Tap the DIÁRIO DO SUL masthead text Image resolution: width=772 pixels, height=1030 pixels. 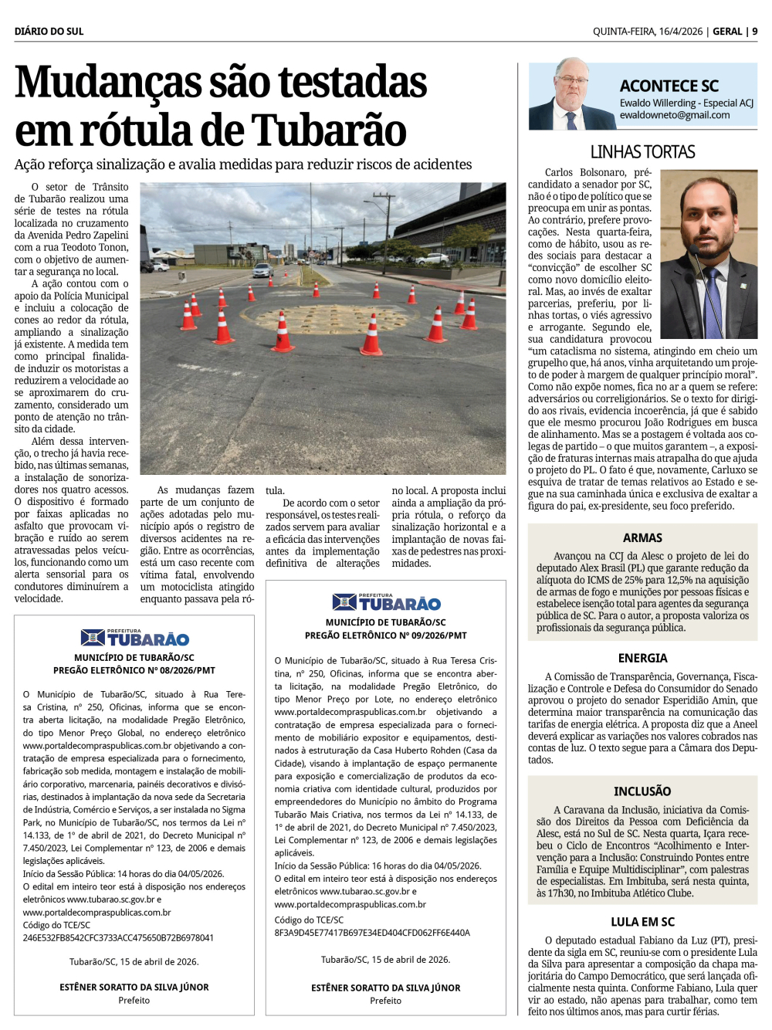tap(49, 32)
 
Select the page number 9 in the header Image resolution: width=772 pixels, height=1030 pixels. tap(755, 32)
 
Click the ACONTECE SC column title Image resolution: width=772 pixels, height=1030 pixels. tap(669, 86)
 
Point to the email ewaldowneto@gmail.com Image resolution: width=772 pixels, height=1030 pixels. tap(674, 115)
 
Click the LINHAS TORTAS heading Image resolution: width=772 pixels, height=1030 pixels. tap(642, 152)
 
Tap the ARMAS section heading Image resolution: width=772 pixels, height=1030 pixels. tap(642, 537)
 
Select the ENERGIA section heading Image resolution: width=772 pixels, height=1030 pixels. tap(642, 658)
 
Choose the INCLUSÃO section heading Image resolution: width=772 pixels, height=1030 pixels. tap(642, 791)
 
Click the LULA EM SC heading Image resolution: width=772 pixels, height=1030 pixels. tap(642, 922)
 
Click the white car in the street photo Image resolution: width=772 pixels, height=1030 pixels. tap(262, 270)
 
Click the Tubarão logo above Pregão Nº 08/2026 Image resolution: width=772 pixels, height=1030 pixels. tap(134, 638)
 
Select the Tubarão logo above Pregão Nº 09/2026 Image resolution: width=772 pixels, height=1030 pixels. tap(386, 602)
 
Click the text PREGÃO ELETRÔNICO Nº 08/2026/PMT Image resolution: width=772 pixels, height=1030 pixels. tap(134, 670)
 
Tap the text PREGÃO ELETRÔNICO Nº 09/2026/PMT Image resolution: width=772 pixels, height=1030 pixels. tap(386, 635)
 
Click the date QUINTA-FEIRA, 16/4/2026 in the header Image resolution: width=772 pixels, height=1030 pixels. tap(648, 32)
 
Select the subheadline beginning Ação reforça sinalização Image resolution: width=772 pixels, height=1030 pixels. tap(243, 164)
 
